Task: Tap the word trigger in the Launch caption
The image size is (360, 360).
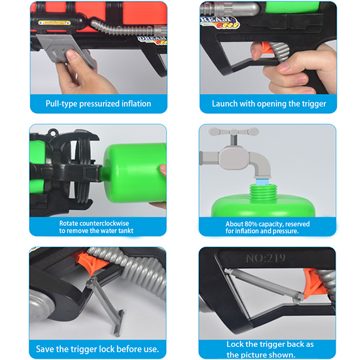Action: [314, 104]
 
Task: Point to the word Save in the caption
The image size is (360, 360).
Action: [45, 349]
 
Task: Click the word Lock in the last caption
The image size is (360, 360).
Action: [235, 344]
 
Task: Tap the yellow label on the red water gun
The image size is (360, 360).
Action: [54, 23]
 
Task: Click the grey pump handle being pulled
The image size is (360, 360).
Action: [67, 52]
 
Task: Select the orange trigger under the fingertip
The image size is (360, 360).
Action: [266, 48]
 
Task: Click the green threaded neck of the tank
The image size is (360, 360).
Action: [263, 193]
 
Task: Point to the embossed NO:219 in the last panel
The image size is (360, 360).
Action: [265, 258]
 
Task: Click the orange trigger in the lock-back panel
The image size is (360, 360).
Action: [314, 283]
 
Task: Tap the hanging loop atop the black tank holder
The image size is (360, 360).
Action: [53, 132]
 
